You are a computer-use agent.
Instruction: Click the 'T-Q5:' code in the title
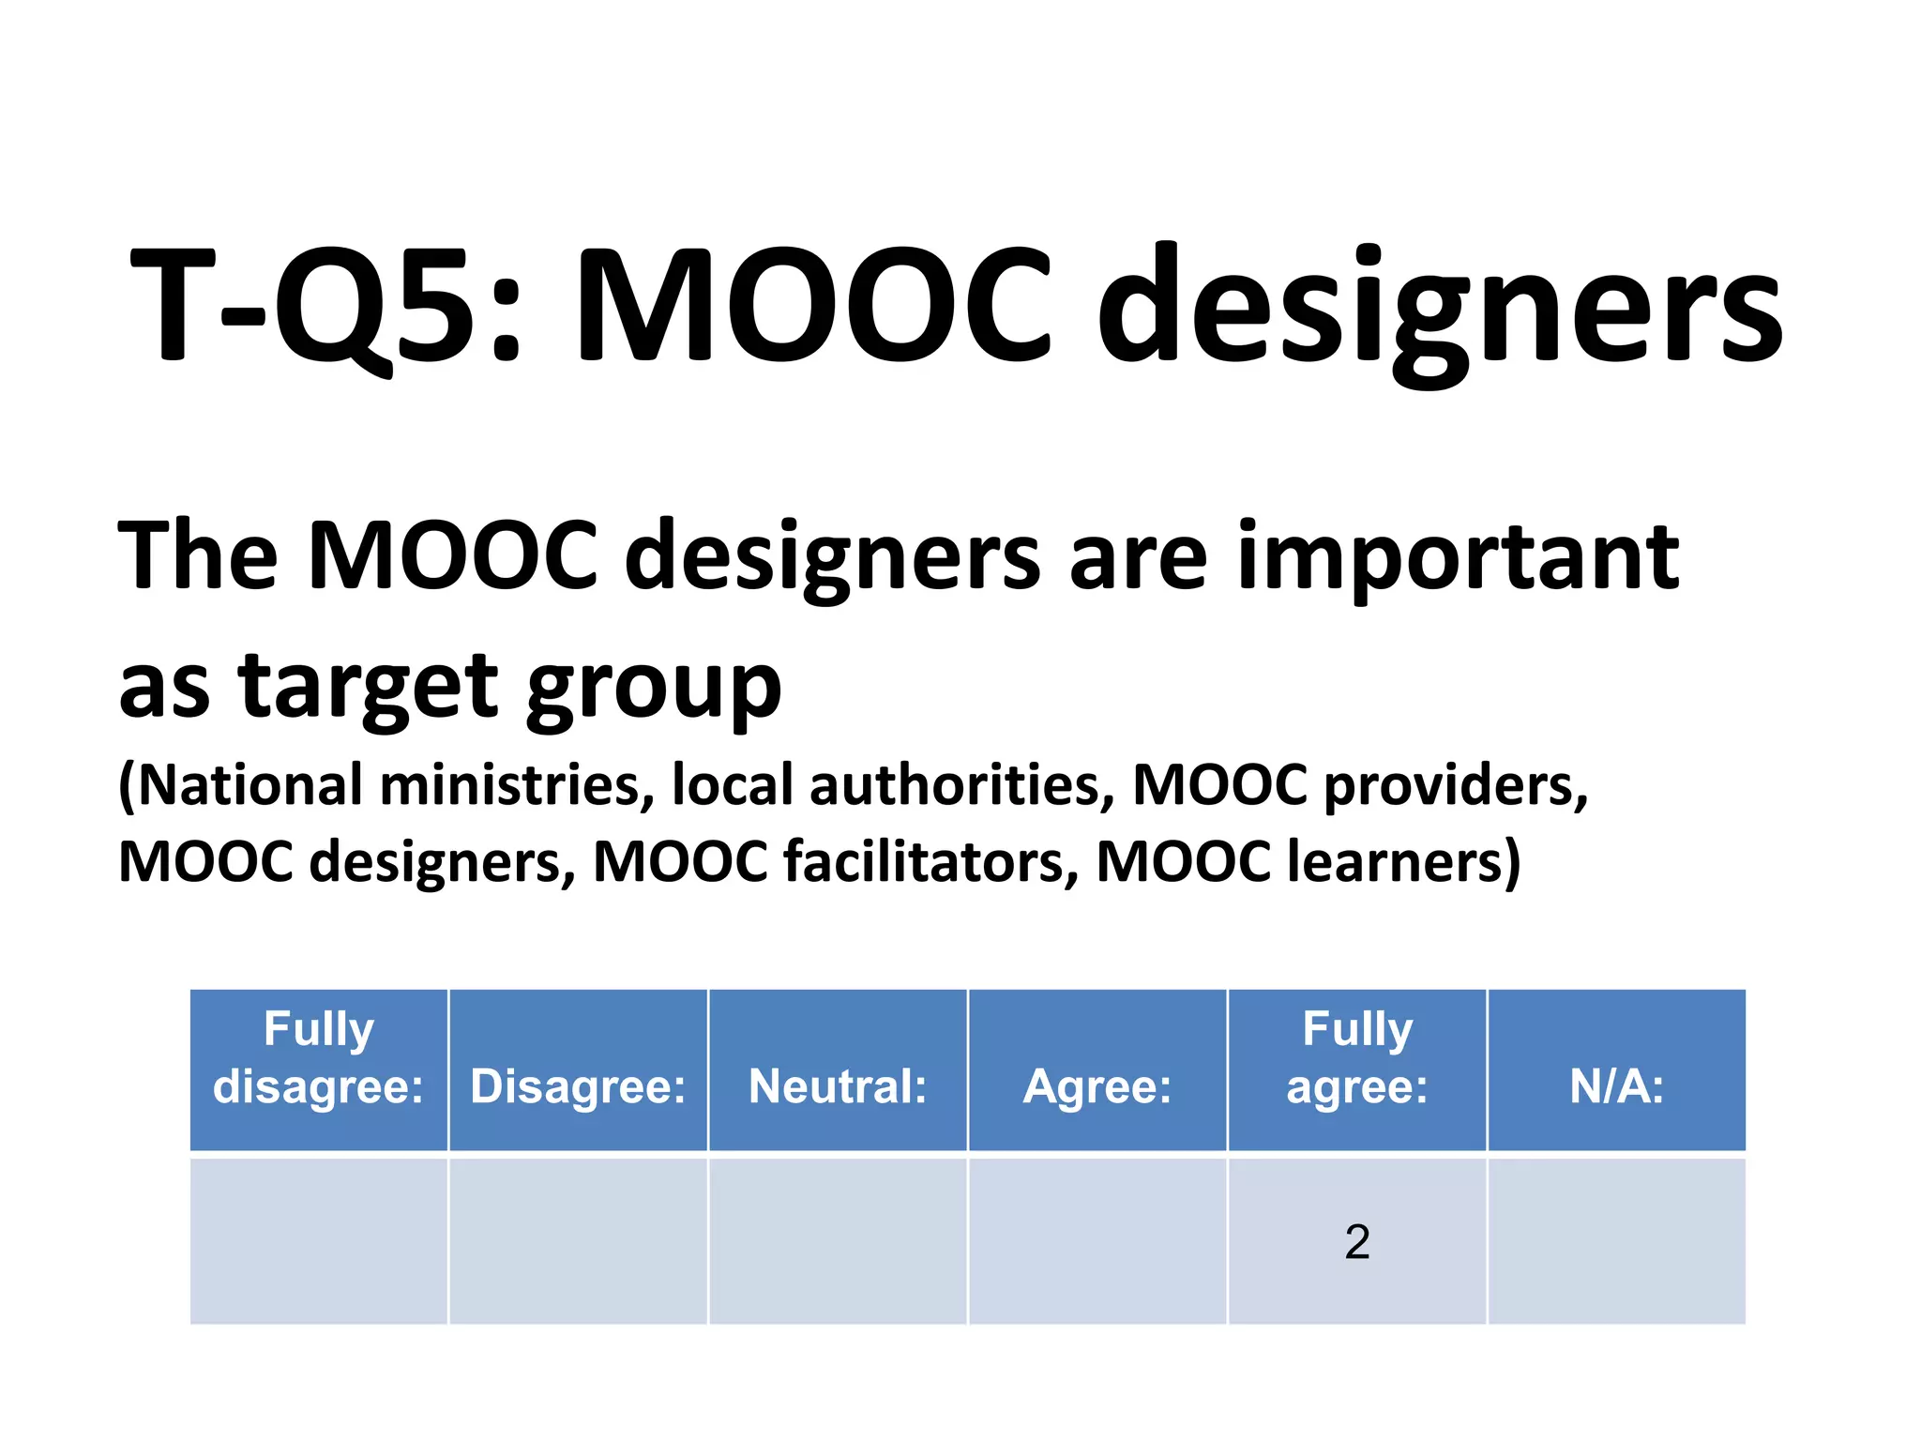click(324, 305)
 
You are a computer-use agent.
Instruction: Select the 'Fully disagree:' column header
click(319, 1057)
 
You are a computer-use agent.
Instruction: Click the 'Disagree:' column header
click(578, 1086)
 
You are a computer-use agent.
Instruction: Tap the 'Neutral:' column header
click(838, 1086)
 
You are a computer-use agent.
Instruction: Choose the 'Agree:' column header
click(1097, 1086)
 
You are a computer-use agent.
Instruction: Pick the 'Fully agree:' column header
click(1357, 1057)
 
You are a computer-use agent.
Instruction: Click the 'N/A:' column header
click(1616, 1086)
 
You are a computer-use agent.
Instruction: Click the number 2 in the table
click(1357, 1242)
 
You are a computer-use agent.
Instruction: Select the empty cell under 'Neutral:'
click(838, 1241)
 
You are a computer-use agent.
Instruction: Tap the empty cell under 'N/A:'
click(1616, 1241)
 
